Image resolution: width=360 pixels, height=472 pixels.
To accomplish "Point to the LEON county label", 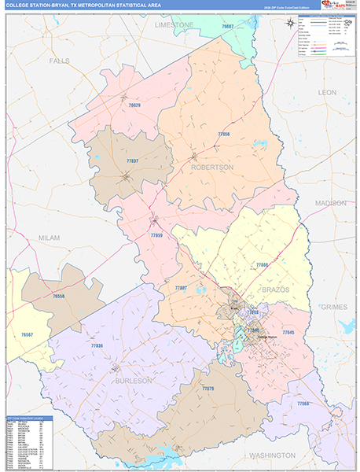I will pos(326,92).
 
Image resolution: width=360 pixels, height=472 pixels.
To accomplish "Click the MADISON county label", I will pos(330,203).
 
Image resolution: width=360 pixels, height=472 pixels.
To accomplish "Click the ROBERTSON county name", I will pos(211,168).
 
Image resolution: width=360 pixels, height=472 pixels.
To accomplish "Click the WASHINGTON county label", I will pos(262,455).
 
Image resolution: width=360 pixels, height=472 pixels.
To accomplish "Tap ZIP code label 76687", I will pos(228,28).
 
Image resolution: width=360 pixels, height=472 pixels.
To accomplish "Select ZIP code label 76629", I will pos(134,104).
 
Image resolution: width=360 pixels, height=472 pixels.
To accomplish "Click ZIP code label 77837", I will pos(131,160).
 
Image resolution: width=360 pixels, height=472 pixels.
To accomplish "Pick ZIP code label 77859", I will pos(156,234).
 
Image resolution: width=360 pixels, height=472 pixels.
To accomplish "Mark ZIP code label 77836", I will pos(97,345).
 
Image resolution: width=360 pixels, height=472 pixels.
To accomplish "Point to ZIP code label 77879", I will pos(208,389).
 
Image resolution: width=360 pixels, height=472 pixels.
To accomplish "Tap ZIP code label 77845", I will pos(288,333).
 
